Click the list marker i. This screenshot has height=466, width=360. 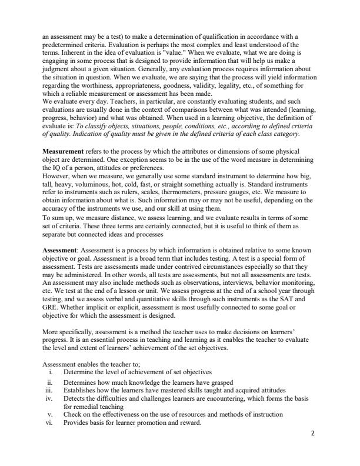(54, 372)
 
